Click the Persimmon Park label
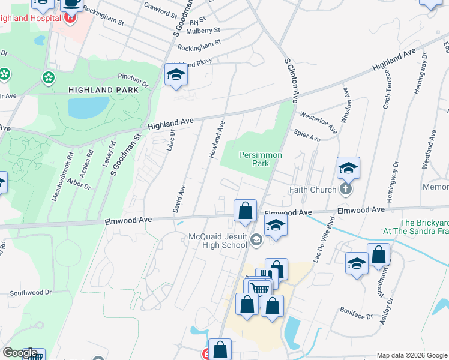coord(261,159)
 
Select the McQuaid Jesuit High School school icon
coord(256,240)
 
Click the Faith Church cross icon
coord(345,190)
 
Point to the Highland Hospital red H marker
coord(71,18)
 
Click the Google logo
coord(20,353)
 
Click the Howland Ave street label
coord(217,140)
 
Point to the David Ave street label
coord(179,199)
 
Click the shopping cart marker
coord(259,289)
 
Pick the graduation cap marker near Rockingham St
coord(176,74)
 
